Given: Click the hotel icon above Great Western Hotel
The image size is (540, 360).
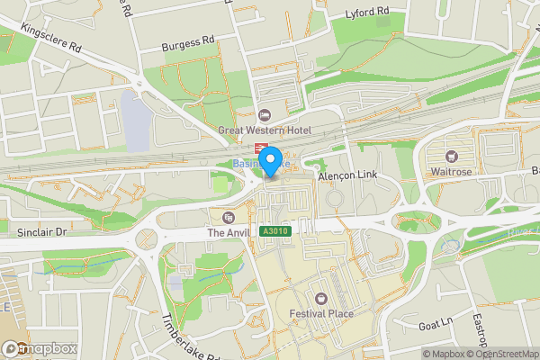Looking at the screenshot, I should pyautogui.click(x=264, y=115).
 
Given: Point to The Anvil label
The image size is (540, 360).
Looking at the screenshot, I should pyautogui.click(x=227, y=232).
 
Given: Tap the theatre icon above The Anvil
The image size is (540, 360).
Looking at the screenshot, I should pyautogui.click(x=228, y=217).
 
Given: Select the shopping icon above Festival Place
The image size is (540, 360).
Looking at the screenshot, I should pyautogui.click(x=321, y=298).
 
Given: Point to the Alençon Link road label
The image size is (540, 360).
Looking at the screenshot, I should pyautogui.click(x=346, y=177).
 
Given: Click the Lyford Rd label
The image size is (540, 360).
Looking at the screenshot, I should pyautogui.click(x=367, y=13).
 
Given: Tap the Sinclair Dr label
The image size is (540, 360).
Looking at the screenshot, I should pyautogui.click(x=42, y=232).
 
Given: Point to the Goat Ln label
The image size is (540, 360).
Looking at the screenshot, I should pyautogui.click(x=436, y=322).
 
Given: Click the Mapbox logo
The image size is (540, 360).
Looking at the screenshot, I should pyautogui.click(x=40, y=348).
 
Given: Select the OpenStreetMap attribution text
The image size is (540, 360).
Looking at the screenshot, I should pyautogui.click(x=505, y=354).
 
